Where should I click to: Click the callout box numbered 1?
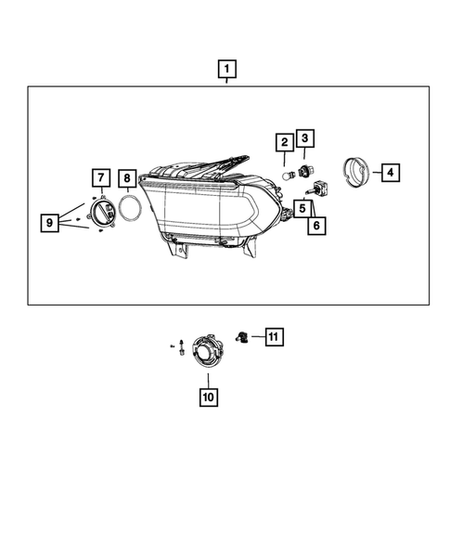[x=225, y=68]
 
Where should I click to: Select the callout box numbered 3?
[x=305, y=138]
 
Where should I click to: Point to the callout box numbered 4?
[x=391, y=172]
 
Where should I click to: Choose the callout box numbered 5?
[x=302, y=208]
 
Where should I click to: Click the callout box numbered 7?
[x=99, y=177]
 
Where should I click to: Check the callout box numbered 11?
[x=273, y=336]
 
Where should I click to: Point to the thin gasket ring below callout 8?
[x=130, y=209]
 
